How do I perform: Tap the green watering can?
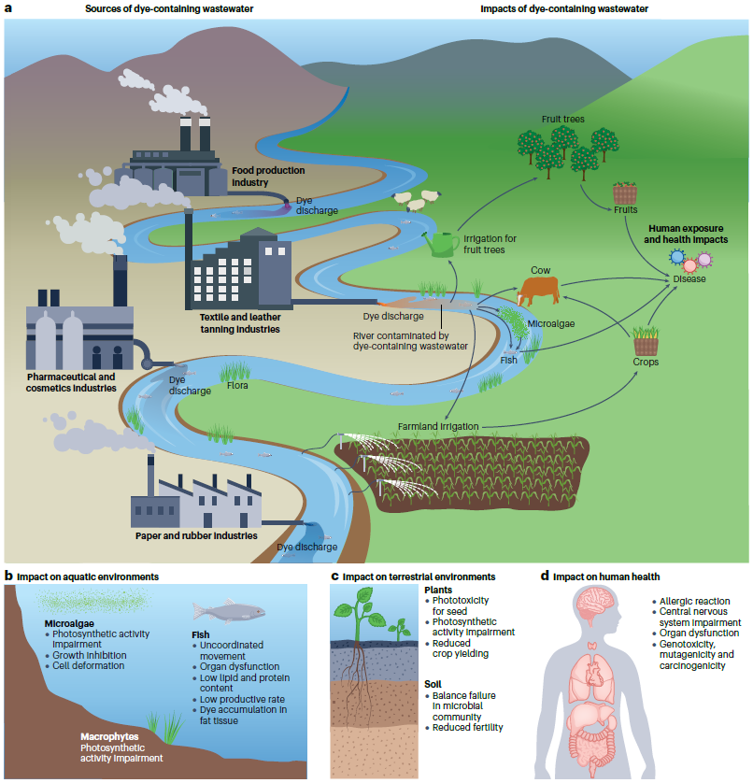coord(441,244)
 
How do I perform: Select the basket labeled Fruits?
coord(625,192)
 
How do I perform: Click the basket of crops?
coord(646,341)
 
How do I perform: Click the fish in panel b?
coord(229,611)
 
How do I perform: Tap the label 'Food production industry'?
coord(268,177)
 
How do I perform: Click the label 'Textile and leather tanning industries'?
coord(240,323)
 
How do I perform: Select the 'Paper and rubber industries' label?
coord(196,535)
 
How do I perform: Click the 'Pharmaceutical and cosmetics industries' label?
coord(71,382)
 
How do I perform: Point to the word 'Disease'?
coord(689,279)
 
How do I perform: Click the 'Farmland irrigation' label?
coord(438,426)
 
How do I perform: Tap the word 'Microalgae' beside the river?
coord(551,323)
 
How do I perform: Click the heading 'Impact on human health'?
coord(606,577)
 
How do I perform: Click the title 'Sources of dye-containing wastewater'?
coord(169,9)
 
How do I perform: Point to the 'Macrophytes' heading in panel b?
coord(109,736)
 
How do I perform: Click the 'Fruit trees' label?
coord(562,120)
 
